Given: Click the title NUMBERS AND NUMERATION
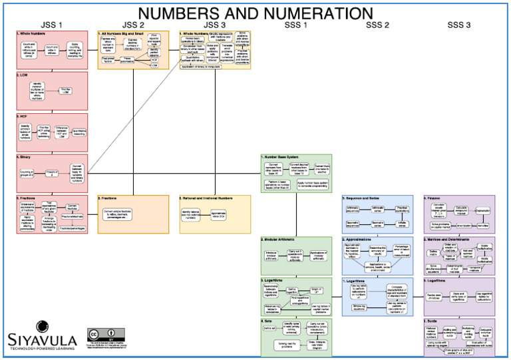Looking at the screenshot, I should (255, 13).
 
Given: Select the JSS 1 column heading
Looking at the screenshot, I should (51, 25).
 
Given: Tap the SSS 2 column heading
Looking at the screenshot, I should (377, 25).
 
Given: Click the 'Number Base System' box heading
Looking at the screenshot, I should (283, 158).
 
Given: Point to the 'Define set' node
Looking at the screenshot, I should (268, 328).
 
